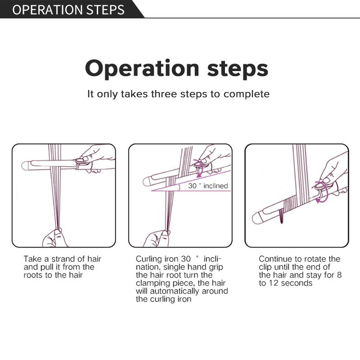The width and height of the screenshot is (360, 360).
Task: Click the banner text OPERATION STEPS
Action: [x=68, y=9]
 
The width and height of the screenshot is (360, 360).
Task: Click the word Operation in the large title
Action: [x=142, y=69]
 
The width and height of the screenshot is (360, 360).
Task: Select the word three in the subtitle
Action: [x=164, y=94]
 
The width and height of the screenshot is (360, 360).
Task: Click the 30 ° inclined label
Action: [x=208, y=186]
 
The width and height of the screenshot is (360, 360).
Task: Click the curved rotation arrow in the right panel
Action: [x=323, y=194]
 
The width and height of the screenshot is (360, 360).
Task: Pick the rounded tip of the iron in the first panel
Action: [x=25, y=166]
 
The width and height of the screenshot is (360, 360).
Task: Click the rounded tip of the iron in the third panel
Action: [x=256, y=218]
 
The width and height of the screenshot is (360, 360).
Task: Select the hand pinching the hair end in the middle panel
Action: [x=157, y=239]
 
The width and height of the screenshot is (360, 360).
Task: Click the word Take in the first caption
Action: [x=33, y=259]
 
